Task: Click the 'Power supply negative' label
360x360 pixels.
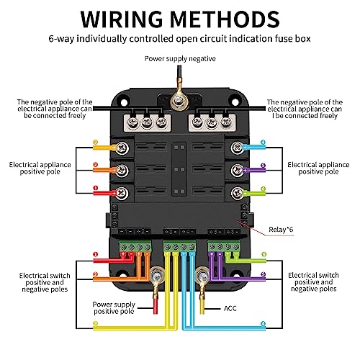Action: point(180,59)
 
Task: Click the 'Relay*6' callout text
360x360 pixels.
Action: point(281,230)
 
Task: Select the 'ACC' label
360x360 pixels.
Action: point(230,308)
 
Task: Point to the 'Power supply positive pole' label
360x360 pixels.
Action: point(114,308)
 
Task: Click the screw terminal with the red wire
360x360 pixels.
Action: point(122,193)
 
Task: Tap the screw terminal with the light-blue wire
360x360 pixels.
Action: point(238,148)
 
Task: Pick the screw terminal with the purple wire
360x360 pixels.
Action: point(238,170)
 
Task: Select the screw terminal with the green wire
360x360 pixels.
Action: point(238,193)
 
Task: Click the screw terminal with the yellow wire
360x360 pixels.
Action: point(122,148)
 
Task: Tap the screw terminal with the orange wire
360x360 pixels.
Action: point(122,171)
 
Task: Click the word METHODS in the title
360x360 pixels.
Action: point(225,19)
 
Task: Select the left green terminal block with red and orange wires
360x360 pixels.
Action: point(135,246)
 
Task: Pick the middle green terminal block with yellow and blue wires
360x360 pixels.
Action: point(179,246)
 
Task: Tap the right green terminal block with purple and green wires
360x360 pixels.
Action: point(224,246)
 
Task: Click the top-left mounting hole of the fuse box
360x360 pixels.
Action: point(124,102)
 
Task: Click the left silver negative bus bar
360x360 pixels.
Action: point(147,122)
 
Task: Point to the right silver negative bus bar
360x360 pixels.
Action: point(212,122)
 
